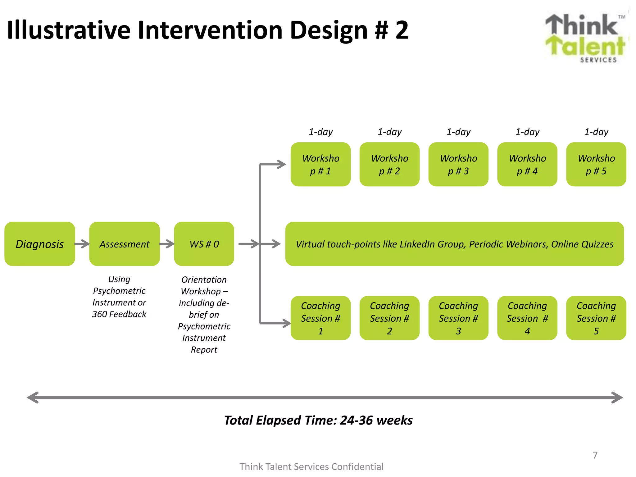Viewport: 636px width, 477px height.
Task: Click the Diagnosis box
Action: [40, 244]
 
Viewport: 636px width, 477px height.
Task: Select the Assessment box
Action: [124, 244]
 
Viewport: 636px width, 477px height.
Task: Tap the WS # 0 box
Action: [204, 244]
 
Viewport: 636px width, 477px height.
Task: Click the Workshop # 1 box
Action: [320, 164]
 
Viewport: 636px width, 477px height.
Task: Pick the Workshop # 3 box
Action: [458, 164]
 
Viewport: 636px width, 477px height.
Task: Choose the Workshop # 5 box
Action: [596, 164]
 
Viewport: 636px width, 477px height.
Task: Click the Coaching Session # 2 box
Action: [389, 318]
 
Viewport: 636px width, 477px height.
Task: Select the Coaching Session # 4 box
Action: [527, 318]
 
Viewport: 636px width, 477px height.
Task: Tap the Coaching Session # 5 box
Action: [596, 318]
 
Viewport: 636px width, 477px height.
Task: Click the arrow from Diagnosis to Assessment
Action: [82, 244]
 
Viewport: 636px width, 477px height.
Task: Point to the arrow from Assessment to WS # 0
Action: [167, 244]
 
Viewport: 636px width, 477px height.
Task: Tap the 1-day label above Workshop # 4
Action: [527, 132]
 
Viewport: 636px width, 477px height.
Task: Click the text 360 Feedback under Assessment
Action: [119, 314]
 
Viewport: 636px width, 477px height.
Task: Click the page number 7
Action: [595, 455]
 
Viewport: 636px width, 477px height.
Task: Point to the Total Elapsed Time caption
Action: [318, 420]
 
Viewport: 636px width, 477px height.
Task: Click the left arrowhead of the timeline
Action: [33, 397]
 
